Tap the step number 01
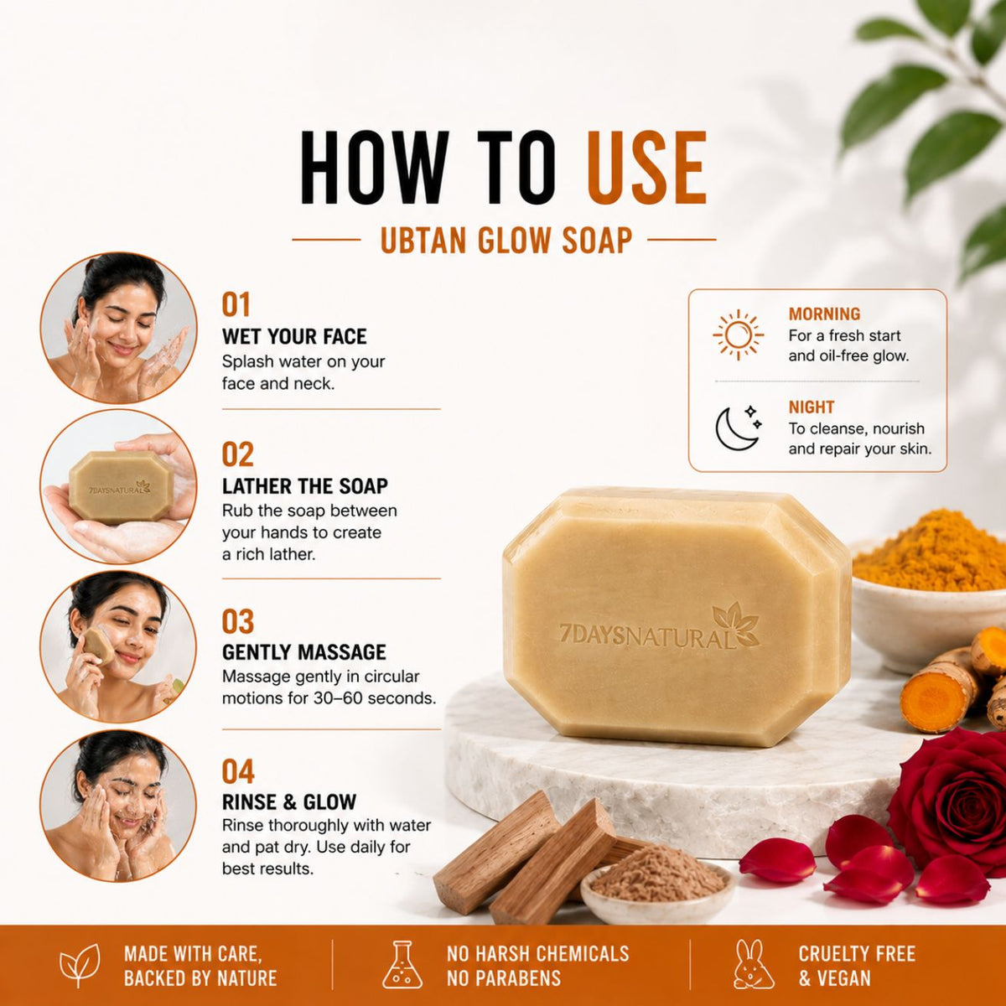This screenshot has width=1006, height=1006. point(236,305)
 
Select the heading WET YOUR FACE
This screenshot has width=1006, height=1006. point(294,337)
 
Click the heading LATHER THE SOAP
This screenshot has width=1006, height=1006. point(305,486)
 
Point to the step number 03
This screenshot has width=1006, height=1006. point(238,622)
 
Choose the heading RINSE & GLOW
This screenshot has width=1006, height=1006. point(289,802)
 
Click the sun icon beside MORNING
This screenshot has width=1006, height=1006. point(739,335)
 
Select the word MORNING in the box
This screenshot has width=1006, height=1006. point(824,314)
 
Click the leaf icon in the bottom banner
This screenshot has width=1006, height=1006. point(80,964)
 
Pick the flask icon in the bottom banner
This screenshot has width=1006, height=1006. point(402,964)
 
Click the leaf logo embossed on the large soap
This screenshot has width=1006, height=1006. point(735,624)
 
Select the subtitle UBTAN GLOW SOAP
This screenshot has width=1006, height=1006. point(506,241)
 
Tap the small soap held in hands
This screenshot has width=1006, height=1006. point(120,488)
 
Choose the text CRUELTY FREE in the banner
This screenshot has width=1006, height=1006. point(857,953)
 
